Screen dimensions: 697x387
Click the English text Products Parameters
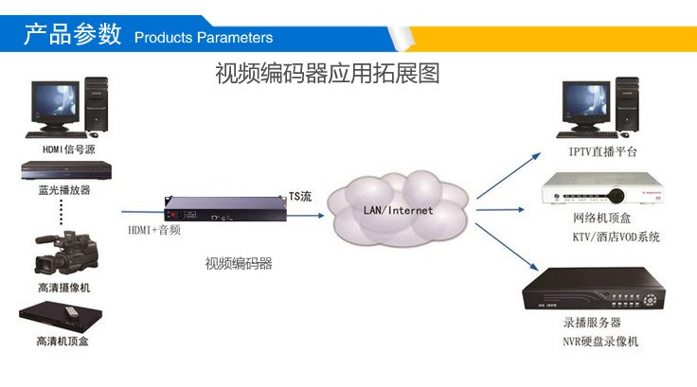tap(204, 38)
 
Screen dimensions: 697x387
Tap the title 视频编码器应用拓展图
tap(328, 73)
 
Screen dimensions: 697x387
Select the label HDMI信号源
tap(69, 150)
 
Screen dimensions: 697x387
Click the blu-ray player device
tap(66, 170)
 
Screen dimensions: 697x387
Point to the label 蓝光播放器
tap(64, 190)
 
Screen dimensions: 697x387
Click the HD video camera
tap(66, 252)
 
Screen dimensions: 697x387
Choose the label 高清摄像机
tap(64, 288)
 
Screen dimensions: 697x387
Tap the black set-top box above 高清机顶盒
tap(61, 316)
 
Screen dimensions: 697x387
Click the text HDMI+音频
tap(154, 230)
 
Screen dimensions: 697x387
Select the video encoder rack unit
tap(225, 209)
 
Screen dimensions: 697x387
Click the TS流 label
tap(300, 197)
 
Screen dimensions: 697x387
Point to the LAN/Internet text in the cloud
tap(398, 210)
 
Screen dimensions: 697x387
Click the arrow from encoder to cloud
tap(305, 216)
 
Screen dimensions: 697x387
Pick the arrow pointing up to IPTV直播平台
tap(509, 175)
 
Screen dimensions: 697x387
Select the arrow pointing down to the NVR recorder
tap(508, 247)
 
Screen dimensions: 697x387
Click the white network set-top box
tap(602, 188)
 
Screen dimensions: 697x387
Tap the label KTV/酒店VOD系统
tap(617, 237)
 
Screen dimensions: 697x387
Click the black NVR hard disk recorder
tap(594, 288)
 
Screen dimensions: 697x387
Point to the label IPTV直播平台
tap(602, 152)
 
